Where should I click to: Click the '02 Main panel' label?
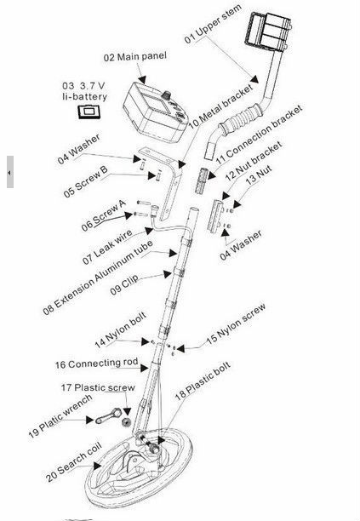click(x=134, y=56)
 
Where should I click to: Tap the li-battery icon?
click(x=89, y=112)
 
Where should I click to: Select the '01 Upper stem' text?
click(x=213, y=25)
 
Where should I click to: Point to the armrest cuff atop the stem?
click(x=269, y=31)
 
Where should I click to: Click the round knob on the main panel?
click(x=166, y=95)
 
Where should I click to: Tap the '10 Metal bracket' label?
click(x=220, y=107)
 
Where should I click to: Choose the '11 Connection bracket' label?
click(x=259, y=135)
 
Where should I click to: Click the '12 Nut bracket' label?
click(x=254, y=161)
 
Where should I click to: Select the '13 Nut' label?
click(x=259, y=175)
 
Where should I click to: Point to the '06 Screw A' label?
click(x=104, y=215)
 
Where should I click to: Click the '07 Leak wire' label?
click(x=107, y=247)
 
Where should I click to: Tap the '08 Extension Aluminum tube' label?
click(x=98, y=278)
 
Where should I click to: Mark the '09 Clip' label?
click(x=124, y=285)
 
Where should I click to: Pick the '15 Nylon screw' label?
click(x=236, y=324)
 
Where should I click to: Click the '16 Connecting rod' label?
click(x=96, y=364)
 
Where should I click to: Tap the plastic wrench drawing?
click(x=109, y=416)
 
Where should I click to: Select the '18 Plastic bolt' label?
click(x=203, y=381)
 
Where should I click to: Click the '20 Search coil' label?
click(x=74, y=462)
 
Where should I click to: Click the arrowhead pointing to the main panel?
click(x=142, y=79)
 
